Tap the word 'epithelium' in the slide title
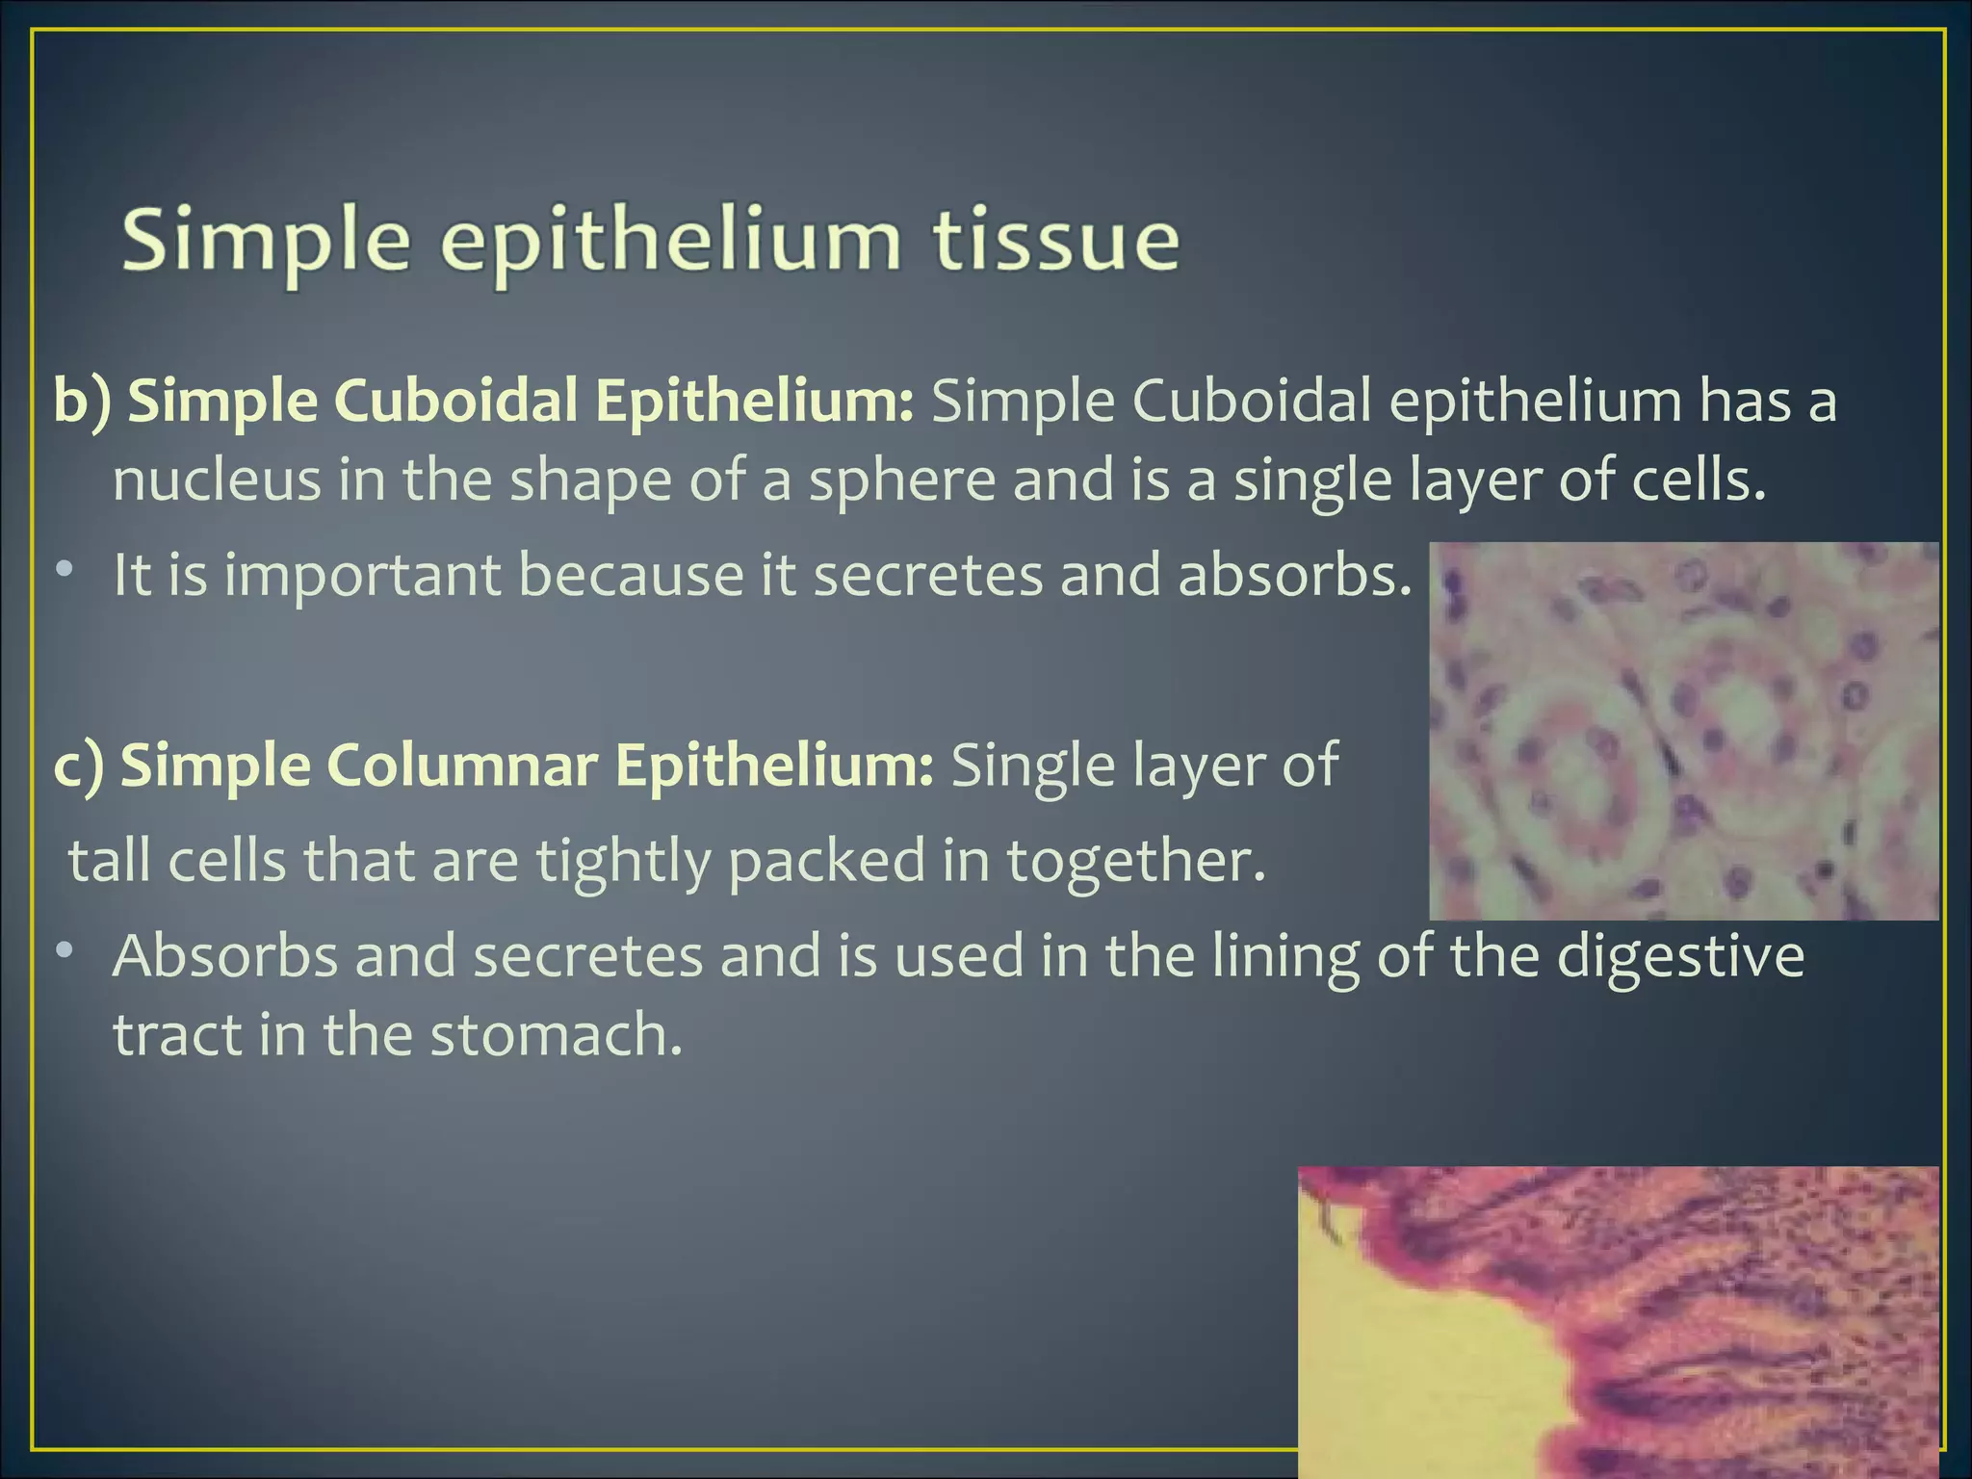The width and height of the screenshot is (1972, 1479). (671, 243)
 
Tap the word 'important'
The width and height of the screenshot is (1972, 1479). (363, 576)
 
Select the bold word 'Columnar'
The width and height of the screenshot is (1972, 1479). (456, 765)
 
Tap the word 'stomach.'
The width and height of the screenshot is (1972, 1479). (556, 1035)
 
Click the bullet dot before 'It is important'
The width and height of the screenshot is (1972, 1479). (64, 570)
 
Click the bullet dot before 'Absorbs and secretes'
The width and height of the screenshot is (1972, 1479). (64, 951)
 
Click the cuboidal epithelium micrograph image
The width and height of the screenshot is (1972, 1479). (1683, 731)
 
